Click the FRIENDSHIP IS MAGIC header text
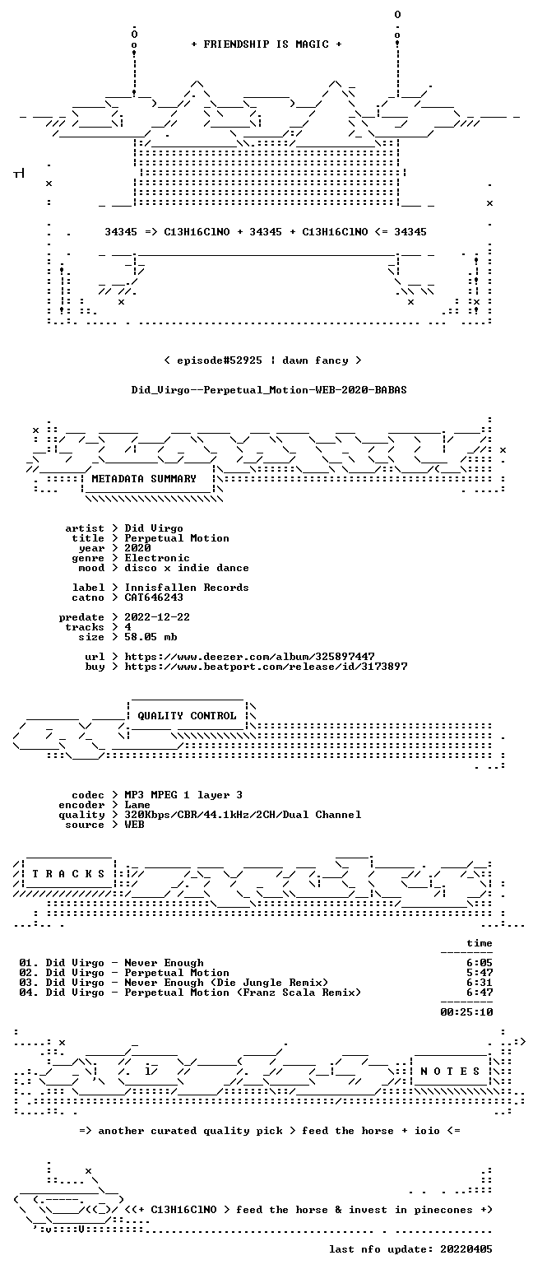[x=266, y=44]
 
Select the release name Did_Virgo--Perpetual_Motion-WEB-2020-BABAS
[x=269, y=390]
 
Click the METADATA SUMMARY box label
[x=144, y=479]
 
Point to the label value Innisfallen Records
[x=187, y=588]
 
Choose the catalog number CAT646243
[x=154, y=597]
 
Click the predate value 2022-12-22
[x=157, y=617]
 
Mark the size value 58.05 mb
[x=151, y=637]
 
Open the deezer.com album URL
[x=249, y=656]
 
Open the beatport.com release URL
[x=266, y=667]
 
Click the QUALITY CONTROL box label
[x=187, y=716]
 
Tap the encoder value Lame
[x=137, y=805]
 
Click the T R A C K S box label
[x=69, y=874]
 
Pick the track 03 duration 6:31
[x=480, y=983]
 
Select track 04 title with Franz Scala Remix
[x=243, y=993]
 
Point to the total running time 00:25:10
[x=466, y=1012]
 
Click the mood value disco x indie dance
[x=187, y=568]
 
